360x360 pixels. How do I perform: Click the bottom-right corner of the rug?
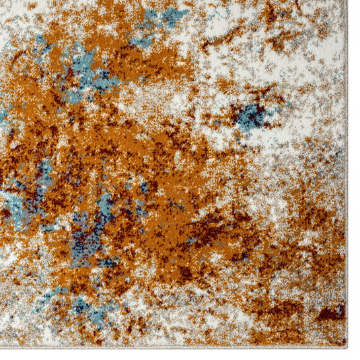tap(346, 346)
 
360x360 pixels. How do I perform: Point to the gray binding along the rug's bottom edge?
tap(168, 347)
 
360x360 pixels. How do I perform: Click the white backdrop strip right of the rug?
tap(354, 168)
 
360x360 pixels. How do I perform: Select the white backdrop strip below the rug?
tap(168, 354)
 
